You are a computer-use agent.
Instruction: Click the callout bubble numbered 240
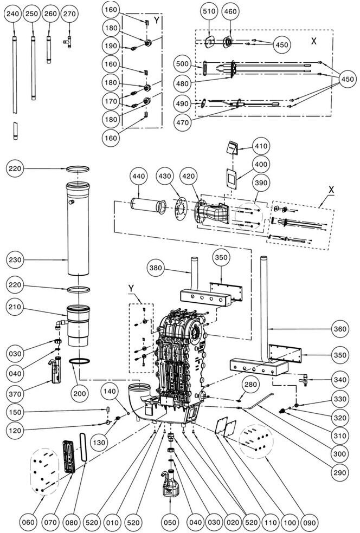coord(14,14)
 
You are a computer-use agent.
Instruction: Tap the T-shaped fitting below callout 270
coord(68,42)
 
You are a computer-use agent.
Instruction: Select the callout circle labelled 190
coord(111,46)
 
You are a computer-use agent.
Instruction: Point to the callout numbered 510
coord(209,11)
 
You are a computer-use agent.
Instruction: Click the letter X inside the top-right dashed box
coord(314,41)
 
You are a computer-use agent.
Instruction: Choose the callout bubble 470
coord(183,122)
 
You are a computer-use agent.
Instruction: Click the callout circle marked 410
coord(261,146)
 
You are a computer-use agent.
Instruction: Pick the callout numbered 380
coord(157,268)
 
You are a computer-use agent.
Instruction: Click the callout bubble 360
coord(340,329)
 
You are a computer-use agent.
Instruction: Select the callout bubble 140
coord(110,391)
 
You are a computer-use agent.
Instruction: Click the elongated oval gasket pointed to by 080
coord(83,447)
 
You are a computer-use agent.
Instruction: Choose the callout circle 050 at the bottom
coord(170,523)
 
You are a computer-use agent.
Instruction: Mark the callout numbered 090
coord(309,523)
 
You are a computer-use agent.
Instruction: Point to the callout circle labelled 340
coord(340,380)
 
